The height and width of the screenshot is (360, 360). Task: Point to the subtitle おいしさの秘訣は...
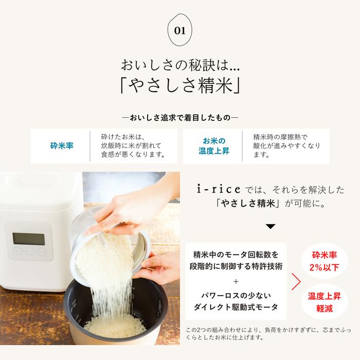(180, 65)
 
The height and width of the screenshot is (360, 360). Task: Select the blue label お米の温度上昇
(213, 146)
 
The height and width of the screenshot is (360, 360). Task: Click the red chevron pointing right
(296, 282)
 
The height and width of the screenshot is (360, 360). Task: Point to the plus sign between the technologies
(236, 281)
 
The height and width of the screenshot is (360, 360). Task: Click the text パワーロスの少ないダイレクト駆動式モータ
(236, 302)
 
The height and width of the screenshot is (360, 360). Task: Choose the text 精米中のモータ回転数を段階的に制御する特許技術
(236, 261)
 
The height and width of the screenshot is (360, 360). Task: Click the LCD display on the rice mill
(27, 238)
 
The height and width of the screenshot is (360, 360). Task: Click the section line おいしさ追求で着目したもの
(180, 117)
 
